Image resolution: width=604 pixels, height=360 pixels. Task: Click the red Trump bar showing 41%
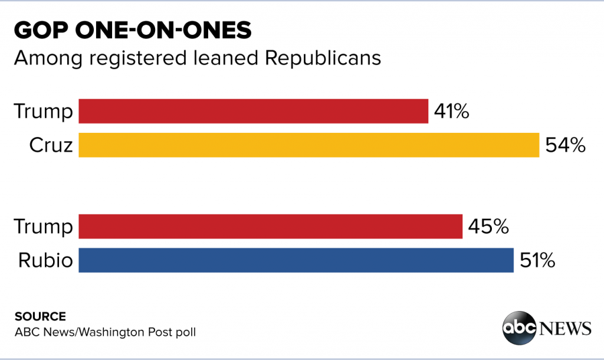tap(253, 111)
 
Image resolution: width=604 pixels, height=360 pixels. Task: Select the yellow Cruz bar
tap(308, 145)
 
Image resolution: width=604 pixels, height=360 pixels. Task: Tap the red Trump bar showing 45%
tap(270, 227)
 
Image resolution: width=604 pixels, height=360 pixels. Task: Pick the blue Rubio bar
tap(296, 260)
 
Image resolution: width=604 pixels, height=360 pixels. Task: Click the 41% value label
tap(452, 111)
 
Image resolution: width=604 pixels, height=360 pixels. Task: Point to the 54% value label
tap(566, 145)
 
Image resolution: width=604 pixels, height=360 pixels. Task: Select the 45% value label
tap(488, 227)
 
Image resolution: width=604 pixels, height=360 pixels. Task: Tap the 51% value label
tap(537, 260)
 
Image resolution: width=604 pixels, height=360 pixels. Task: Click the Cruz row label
tap(51, 145)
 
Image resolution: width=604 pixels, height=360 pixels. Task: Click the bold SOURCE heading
tap(40, 316)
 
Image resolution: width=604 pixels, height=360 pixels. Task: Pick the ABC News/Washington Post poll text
tap(105, 332)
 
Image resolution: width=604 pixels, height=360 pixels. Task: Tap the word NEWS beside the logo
tap(564, 327)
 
